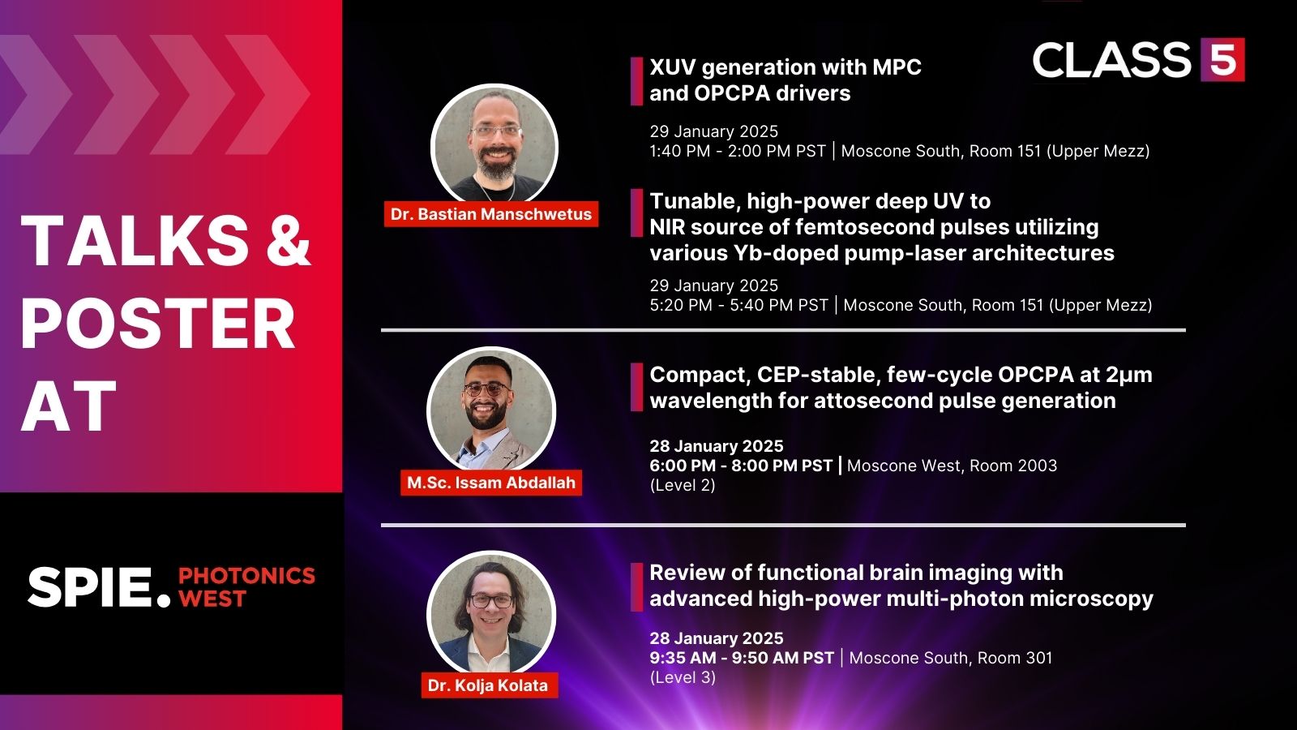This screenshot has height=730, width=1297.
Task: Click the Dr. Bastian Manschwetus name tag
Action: (x=490, y=214)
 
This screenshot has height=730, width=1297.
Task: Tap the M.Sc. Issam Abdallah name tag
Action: (x=490, y=483)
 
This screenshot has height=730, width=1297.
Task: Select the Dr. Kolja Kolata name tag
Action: (x=488, y=685)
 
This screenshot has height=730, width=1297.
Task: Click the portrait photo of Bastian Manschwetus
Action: (x=494, y=146)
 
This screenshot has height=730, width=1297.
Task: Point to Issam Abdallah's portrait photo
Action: (x=490, y=410)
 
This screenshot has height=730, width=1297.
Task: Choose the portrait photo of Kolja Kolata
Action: (x=490, y=612)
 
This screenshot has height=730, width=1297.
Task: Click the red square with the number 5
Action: (x=1222, y=59)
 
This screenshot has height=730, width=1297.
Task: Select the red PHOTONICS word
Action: (x=246, y=576)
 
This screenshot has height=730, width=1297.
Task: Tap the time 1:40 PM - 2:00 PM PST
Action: (x=738, y=151)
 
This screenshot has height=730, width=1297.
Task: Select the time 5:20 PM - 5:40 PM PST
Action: (x=738, y=305)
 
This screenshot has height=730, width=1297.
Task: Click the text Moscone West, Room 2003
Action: (x=952, y=466)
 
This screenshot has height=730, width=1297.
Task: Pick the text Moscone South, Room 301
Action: (x=950, y=658)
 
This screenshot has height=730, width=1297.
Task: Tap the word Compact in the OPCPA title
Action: (x=699, y=375)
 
